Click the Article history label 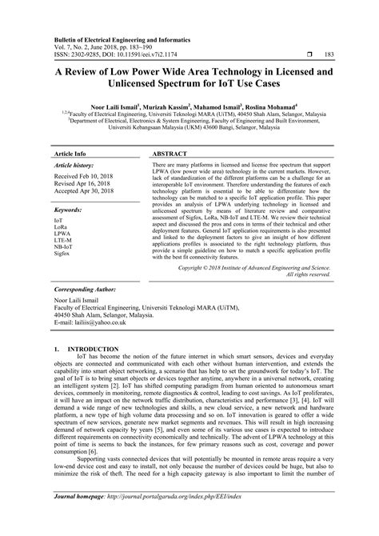(x=74, y=163)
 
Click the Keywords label (x=70, y=210)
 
